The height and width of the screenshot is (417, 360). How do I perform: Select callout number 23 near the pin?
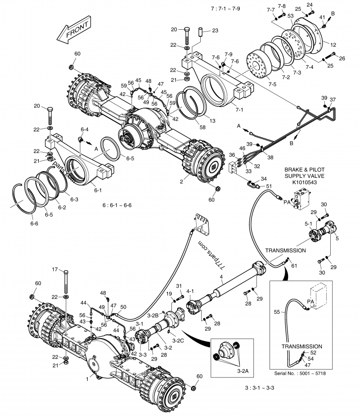tap(215, 31)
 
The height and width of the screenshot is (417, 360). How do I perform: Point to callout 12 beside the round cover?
tap(333, 45)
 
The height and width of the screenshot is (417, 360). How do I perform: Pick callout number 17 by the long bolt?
tap(55, 270)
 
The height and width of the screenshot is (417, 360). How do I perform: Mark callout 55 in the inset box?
tap(277, 311)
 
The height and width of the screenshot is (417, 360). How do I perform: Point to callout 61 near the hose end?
tap(294, 266)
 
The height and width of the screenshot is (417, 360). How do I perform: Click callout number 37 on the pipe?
tap(333, 100)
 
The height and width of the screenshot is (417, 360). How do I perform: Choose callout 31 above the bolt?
tap(179, 286)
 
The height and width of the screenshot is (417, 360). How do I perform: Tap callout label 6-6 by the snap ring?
tap(34, 222)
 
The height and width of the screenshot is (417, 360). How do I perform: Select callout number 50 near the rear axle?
tap(123, 307)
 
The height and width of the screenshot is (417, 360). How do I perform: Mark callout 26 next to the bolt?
tap(342, 58)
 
